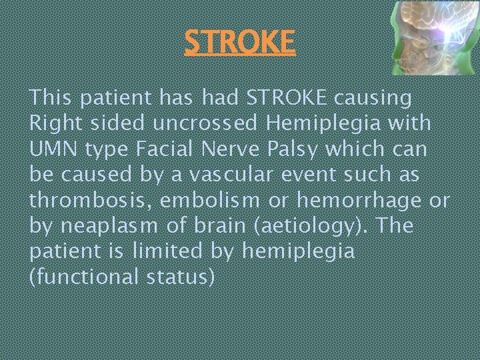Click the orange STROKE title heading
point(239,41)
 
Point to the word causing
point(373,99)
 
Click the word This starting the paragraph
point(50,98)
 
